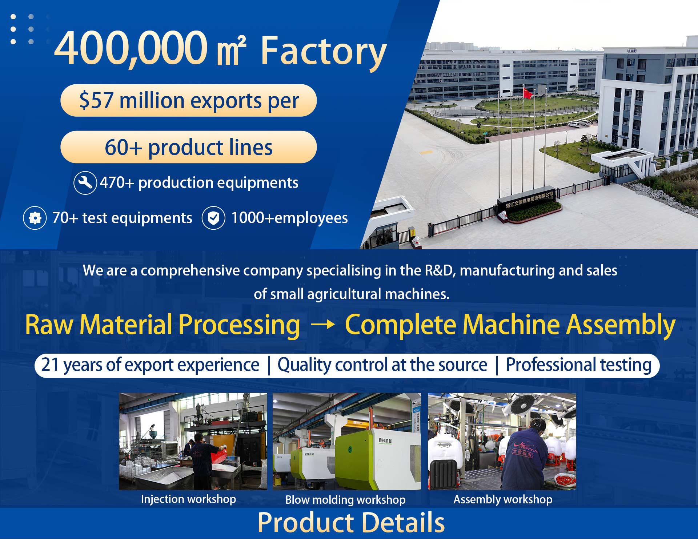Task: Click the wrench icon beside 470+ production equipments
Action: coord(85,183)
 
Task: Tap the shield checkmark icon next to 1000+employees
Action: coord(213,218)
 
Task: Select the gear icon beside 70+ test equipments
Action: coord(35,218)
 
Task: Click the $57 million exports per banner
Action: coord(188,100)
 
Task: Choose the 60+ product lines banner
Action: coord(188,147)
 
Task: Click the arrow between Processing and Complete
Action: coord(323,325)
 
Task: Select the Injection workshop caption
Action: coord(188,499)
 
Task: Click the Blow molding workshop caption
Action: coord(345,500)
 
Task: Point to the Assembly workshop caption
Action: coord(503,499)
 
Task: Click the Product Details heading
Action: coord(351,522)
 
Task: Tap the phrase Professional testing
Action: coord(579,365)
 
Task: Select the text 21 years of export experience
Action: coord(150,365)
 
